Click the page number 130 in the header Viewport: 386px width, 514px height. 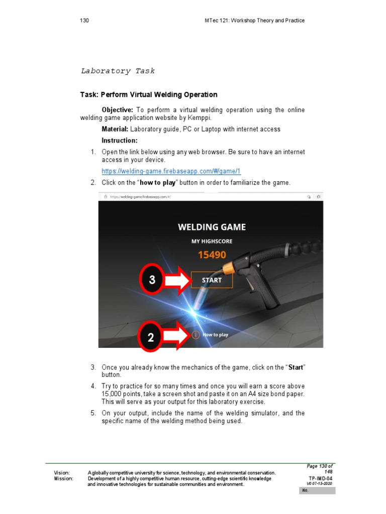[x=84, y=21]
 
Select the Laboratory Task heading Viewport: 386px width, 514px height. [x=118, y=71]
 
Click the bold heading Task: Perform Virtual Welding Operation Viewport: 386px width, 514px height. [x=149, y=94]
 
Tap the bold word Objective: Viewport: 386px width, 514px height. [x=117, y=110]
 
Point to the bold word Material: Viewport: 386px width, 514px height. [x=115, y=129]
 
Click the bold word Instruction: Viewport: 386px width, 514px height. [x=119, y=141]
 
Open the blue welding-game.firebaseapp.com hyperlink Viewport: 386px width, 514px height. [x=171, y=171]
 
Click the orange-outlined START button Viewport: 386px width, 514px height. [x=212, y=280]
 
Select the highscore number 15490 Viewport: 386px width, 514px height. [x=212, y=255]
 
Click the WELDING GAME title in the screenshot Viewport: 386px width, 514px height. [x=212, y=227]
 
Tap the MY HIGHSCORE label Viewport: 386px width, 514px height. [x=212, y=241]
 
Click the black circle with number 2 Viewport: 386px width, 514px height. [x=150, y=337]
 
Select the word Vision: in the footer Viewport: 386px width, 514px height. [x=62, y=473]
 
